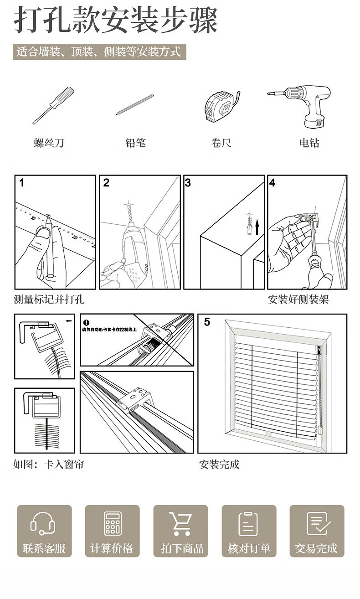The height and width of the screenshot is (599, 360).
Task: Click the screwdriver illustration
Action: click(53, 104)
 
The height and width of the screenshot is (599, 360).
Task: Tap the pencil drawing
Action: click(135, 104)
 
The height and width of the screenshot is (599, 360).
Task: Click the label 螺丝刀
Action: click(49, 143)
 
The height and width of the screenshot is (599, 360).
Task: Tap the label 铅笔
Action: click(135, 143)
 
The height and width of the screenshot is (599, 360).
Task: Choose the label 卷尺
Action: click(221, 143)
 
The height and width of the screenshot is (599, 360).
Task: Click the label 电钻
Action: click(309, 143)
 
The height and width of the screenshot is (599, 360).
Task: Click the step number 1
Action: click(21, 183)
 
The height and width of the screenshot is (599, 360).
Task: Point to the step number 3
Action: click(188, 183)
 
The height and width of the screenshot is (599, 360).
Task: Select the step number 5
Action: click(207, 323)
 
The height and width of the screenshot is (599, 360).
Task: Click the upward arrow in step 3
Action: click(257, 227)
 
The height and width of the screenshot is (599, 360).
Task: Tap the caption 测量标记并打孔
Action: click(49, 299)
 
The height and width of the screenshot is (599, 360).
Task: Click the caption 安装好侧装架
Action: click(298, 299)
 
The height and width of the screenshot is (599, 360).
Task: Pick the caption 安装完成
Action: click(219, 465)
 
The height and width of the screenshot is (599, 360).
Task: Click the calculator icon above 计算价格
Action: click(112, 523)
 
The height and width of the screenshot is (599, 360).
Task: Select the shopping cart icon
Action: click(180, 523)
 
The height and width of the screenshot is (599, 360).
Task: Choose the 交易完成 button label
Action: click(316, 548)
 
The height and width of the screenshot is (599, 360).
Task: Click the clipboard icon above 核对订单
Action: click(248, 523)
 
